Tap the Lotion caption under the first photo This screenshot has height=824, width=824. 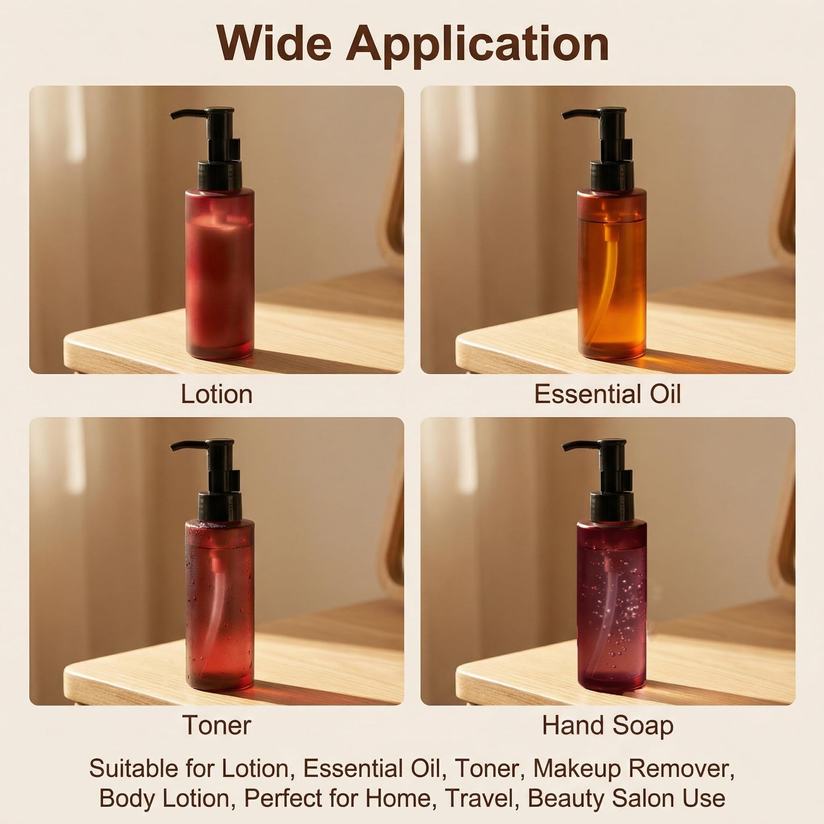(x=217, y=394)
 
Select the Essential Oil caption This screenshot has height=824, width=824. (x=607, y=394)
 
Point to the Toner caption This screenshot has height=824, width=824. (x=217, y=725)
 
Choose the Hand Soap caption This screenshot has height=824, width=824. (x=608, y=725)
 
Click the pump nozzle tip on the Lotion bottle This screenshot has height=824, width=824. (x=172, y=116)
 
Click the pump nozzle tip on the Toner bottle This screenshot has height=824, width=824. (x=172, y=448)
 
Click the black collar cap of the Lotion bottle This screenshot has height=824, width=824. (x=219, y=174)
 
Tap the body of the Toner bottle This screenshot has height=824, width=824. (x=220, y=606)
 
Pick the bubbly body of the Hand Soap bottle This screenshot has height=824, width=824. (x=611, y=606)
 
